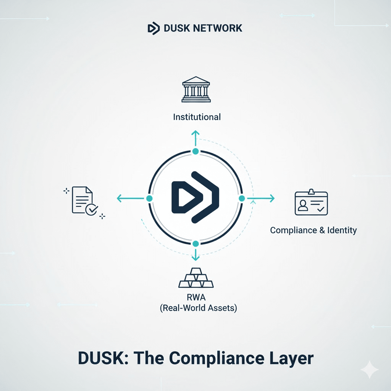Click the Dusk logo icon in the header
(153, 28)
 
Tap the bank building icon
(195, 90)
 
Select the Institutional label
(197, 117)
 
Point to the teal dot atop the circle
(195, 152)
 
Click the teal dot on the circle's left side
(149, 199)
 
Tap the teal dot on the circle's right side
(242, 199)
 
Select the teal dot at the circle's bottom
(195, 244)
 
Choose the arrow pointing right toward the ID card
(263, 198)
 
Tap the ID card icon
(311, 203)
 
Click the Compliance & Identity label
(313, 230)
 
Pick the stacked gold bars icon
(196, 278)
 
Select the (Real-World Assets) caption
(198, 308)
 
